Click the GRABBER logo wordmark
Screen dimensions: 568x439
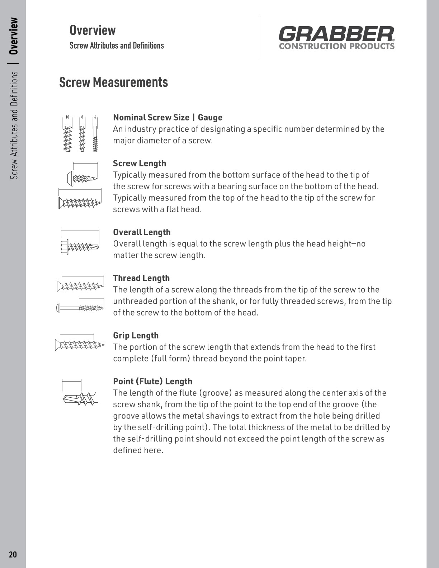point(336,34)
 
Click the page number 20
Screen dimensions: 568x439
point(13,554)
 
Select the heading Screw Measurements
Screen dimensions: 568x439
point(113,82)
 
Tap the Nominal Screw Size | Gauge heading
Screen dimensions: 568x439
point(167,117)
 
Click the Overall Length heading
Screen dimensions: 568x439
point(142,232)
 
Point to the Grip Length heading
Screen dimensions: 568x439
point(136,335)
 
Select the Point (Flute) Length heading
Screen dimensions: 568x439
point(152,381)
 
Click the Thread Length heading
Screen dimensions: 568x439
point(141,278)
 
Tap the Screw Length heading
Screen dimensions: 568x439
point(140,163)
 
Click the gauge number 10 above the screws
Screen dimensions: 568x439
point(67,117)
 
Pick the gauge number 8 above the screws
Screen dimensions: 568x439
point(82,117)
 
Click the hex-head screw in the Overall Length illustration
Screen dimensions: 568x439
point(80,247)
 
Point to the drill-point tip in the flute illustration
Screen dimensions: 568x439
point(68,399)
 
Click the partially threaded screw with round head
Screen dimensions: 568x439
point(80,308)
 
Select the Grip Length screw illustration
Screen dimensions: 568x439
point(80,345)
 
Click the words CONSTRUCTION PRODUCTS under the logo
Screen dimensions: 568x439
point(336,46)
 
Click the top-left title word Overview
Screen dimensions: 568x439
point(93,30)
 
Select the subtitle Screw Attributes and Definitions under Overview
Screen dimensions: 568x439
point(117,46)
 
